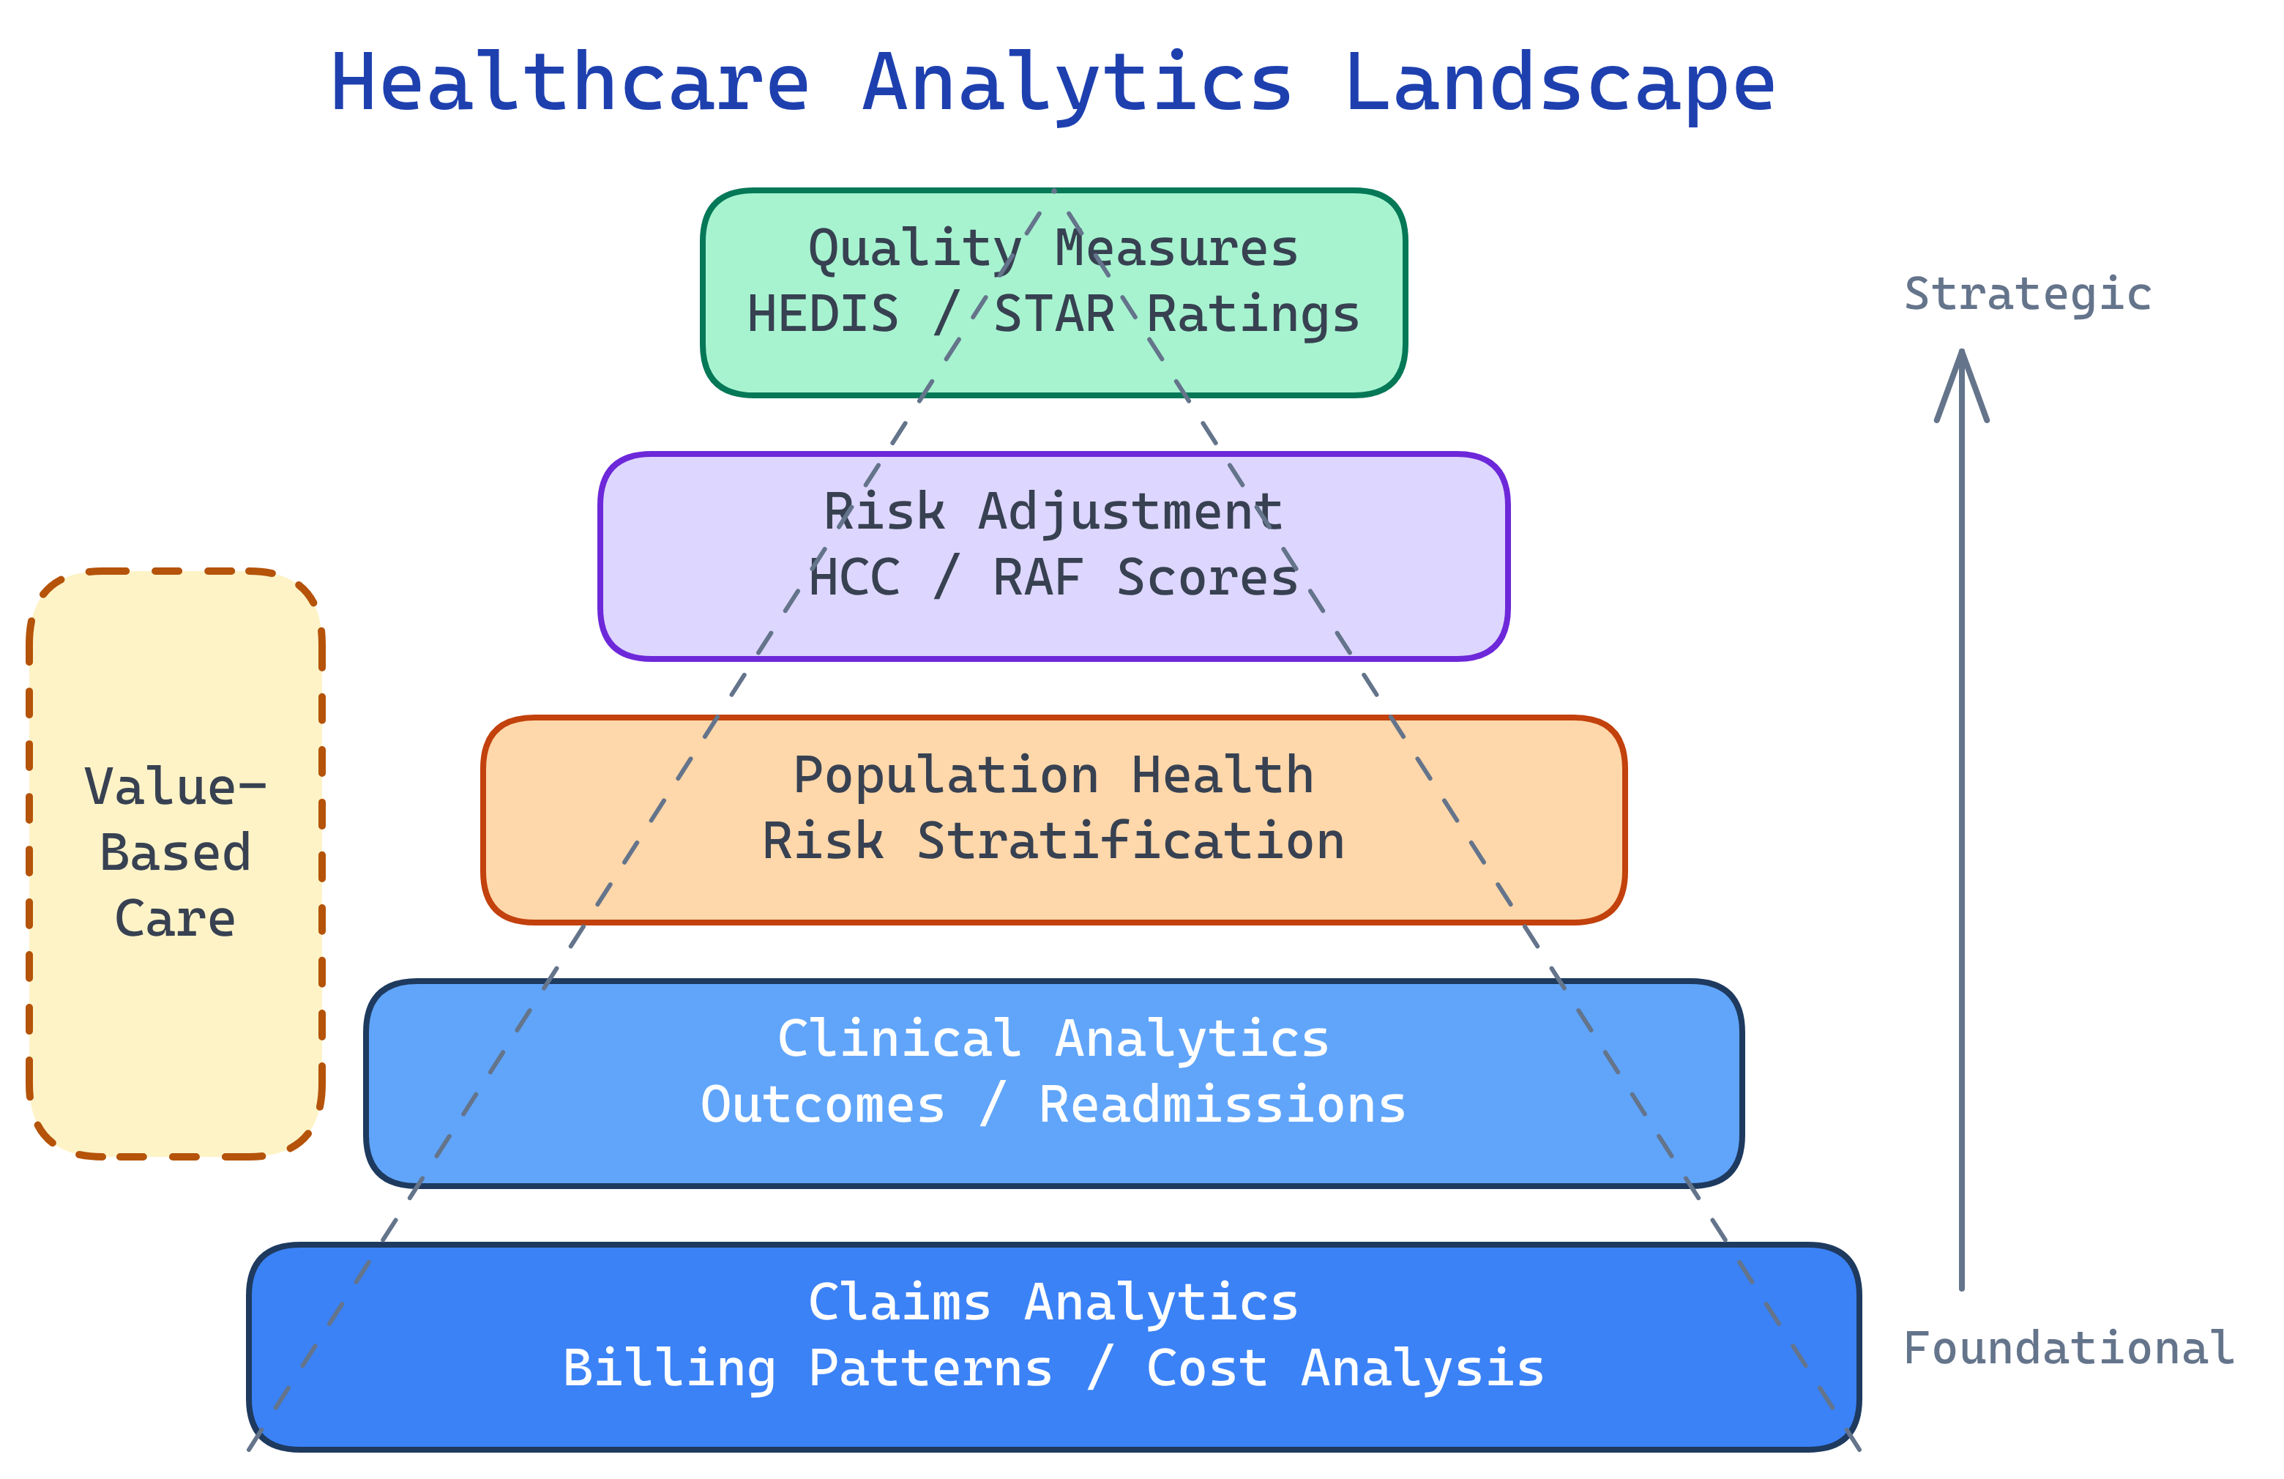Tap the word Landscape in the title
[1559, 84]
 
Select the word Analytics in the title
[1077, 84]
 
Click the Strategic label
[2027, 294]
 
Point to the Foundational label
[2068, 1349]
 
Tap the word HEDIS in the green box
[822, 315]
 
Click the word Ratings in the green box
[1253, 315]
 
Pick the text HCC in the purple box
[854, 578]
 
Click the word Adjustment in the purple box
[1130, 513]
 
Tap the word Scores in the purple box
[1206, 578]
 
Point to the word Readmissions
[1222, 1105]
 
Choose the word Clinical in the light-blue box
[899, 1040]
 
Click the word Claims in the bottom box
[899, 1303]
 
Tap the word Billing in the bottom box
[669, 1368]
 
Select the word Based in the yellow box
[176, 853]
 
